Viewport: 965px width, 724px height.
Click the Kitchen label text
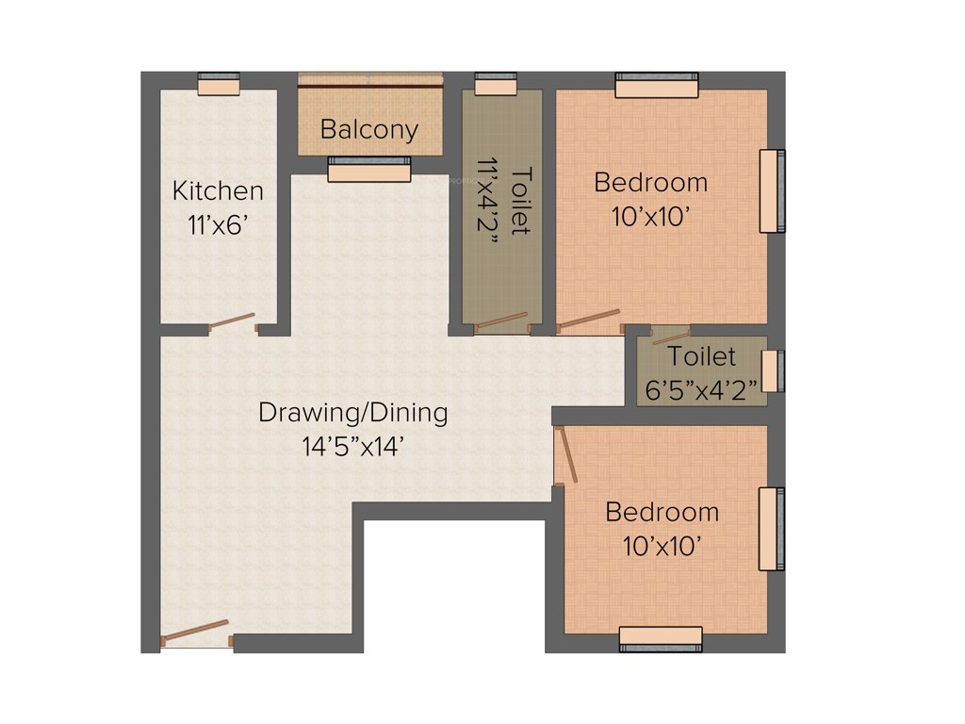(x=218, y=191)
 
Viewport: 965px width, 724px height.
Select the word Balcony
(x=369, y=129)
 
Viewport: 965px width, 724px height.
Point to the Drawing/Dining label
(x=353, y=412)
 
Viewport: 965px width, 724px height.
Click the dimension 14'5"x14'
(x=353, y=447)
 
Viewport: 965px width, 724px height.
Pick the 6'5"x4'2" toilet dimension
(x=702, y=390)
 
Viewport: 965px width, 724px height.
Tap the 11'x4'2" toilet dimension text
(x=488, y=201)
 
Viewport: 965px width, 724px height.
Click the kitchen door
(x=232, y=322)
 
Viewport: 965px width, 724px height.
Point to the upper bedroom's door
(x=589, y=321)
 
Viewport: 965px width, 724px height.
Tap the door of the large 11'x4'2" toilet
(x=501, y=321)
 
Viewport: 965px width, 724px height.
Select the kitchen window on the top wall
(x=219, y=85)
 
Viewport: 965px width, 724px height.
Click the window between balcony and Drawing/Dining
(x=369, y=170)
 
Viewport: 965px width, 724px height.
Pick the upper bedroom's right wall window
(x=772, y=190)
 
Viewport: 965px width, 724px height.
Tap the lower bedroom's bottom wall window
(x=661, y=637)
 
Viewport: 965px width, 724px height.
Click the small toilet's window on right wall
(x=772, y=370)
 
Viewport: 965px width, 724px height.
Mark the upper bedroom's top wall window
(x=657, y=85)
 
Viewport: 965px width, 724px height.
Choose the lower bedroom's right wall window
(x=772, y=529)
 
